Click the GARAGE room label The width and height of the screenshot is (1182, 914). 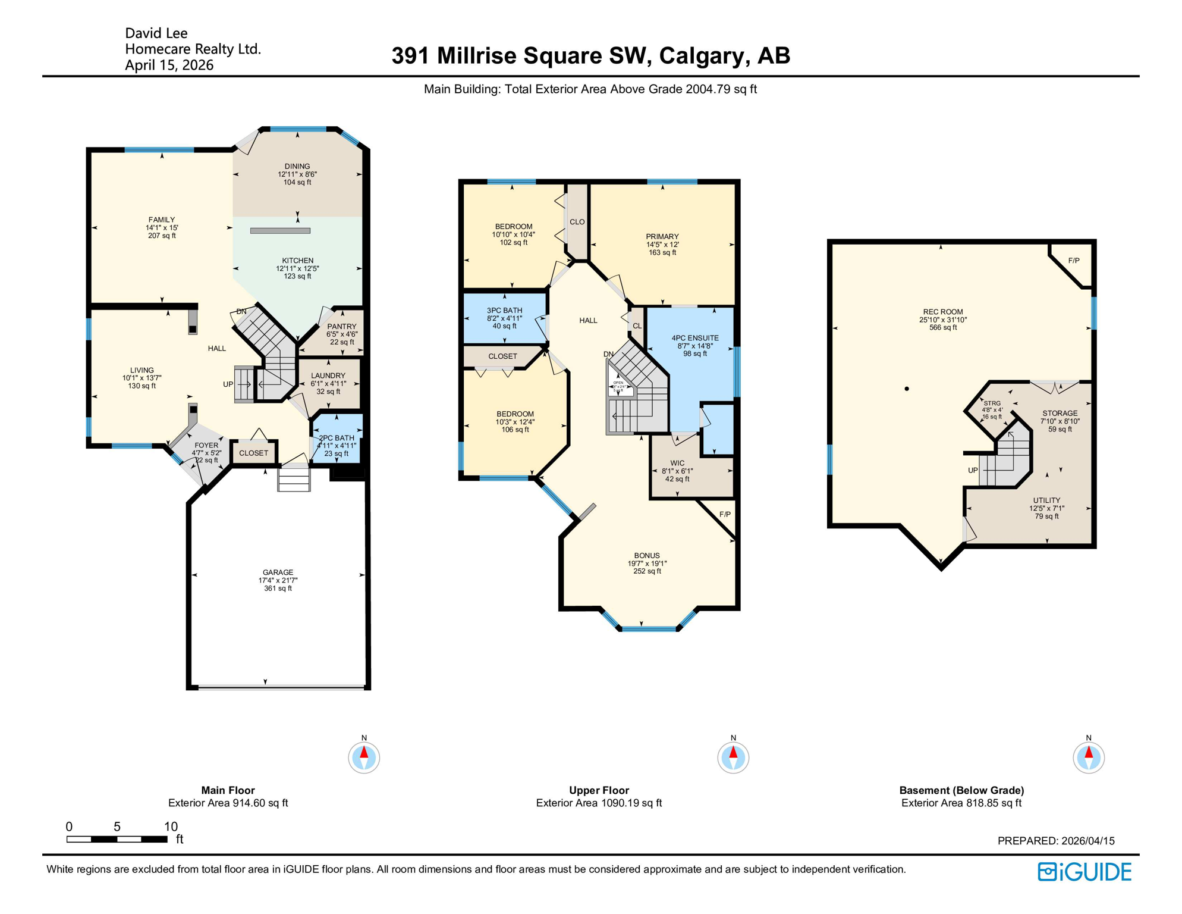click(x=278, y=572)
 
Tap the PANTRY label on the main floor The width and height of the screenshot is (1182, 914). click(x=342, y=327)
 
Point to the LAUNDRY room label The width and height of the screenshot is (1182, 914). click(x=328, y=376)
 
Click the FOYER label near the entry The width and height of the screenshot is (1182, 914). click(x=206, y=446)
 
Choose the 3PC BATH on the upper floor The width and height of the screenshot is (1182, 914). click(x=504, y=311)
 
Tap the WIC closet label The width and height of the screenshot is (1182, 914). click(x=677, y=464)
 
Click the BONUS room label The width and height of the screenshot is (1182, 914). click(x=647, y=556)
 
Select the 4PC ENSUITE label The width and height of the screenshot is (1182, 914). click(x=695, y=338)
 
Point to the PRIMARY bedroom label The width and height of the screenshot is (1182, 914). click(x=662, y=237)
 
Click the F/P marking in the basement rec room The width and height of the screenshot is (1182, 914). click(x=1074, y=261)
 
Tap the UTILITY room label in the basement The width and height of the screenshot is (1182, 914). click(x=1046, y=500)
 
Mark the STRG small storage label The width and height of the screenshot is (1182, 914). click(x=992, y=403)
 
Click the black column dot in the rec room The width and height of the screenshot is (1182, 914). click(x=907, y=389)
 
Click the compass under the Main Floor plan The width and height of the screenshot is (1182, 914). click(x=364, y=758)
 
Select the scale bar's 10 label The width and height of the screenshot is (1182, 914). click(x=171, y=827)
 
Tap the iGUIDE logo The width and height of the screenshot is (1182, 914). click(x=1084, y=872)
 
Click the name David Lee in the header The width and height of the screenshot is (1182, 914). click(x=156, y=33)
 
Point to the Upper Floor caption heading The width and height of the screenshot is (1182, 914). click(x=599, y=790)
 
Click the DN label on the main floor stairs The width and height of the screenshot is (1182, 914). click(x=241, y=312)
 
